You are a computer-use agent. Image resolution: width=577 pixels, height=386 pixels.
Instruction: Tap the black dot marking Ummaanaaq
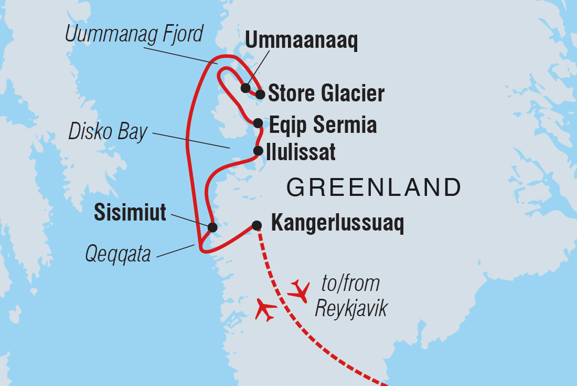tap(245, 87)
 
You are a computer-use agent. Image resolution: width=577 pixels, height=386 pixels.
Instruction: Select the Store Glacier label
tap(326, 94)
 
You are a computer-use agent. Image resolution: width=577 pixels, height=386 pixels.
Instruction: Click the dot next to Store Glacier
tap(260, 95)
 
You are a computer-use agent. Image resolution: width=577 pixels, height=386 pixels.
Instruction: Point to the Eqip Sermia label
tap(323, 126)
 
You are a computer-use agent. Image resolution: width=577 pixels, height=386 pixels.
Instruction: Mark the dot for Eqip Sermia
tap(258, 123)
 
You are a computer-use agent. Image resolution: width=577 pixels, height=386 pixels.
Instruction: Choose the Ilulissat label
tap(301, 153)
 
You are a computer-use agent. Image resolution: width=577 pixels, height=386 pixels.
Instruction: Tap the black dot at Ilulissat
tap(258, 151)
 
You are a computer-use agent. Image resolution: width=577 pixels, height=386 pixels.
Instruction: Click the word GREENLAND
tap(373, 186)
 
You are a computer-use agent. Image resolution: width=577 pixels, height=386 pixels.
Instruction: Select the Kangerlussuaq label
tap(337, 225)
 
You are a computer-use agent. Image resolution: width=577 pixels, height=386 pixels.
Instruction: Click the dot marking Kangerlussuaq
tap(257, 225)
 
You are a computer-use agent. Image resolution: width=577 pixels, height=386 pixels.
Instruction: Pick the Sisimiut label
tap(130, 213)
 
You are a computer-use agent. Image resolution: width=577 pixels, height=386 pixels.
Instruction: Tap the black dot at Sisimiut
tap(212, 227)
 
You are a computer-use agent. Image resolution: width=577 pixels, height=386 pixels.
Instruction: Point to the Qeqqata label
tap(118, 255)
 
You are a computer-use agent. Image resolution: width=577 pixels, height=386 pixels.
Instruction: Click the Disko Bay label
tap(108, 132)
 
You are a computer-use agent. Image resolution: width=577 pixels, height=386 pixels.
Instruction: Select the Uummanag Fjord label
tap(134, 34)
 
